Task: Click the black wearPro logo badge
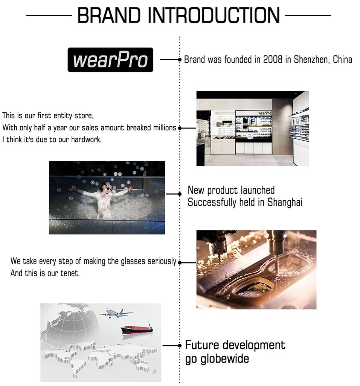[110, 60]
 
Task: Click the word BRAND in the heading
[109, 15]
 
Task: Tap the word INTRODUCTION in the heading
[214, 15]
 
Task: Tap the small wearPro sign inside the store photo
[265, 113]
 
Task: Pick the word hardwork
[86, 139]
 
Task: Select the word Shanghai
[285, 202]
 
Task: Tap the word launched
[258, 190]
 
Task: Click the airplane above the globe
[116, 313]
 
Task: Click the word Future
[202, 345]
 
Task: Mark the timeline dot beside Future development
[180, 346]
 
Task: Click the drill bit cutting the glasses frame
[277, 265]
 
